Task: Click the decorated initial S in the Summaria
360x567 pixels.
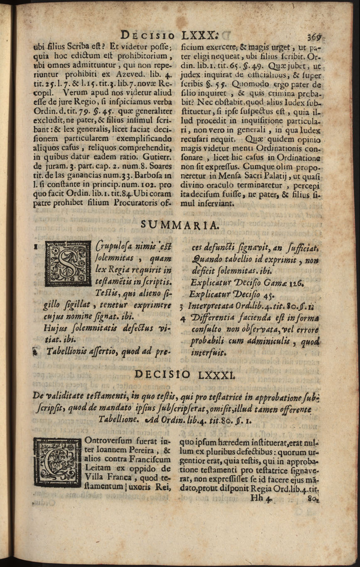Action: tap(67, 264)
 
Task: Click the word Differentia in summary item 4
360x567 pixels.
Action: tap(213, 318)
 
